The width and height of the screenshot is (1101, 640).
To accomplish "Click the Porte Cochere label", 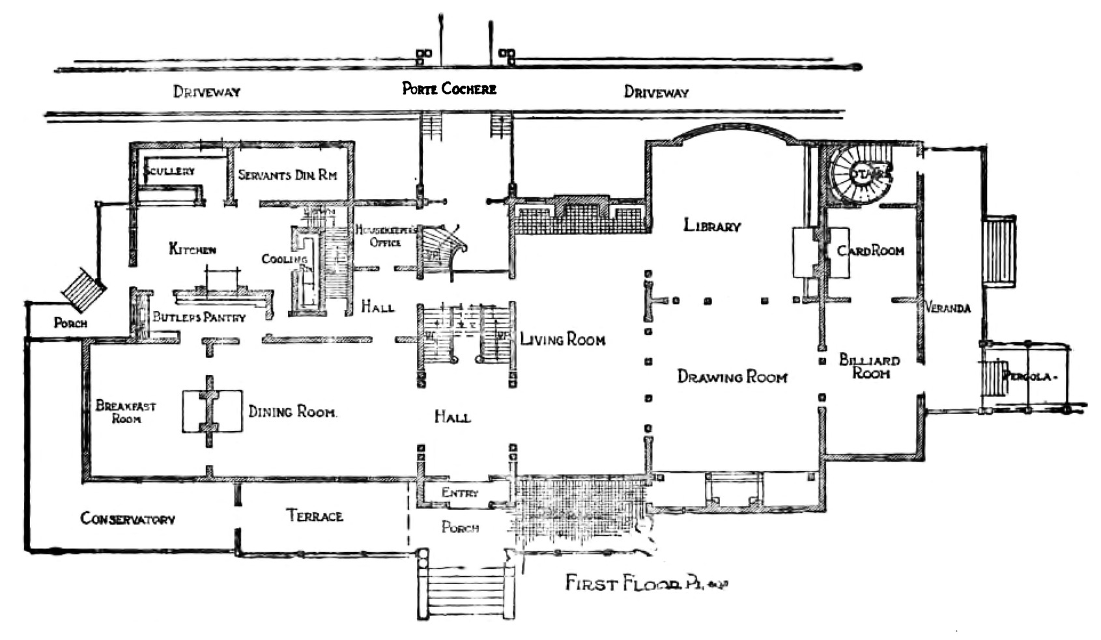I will click(449, 89).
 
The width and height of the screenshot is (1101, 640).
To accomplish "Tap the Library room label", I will click(711, 226).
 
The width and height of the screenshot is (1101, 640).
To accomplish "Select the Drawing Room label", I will click(732, 376).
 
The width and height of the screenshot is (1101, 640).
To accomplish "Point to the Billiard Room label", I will click(870, 367).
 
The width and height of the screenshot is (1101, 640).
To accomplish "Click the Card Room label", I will click(870, 251).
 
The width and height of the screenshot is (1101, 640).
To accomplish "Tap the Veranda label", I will click(948, 308).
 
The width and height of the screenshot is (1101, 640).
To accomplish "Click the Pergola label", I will click(1027, 376).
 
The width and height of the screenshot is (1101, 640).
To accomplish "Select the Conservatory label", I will click(128, 519).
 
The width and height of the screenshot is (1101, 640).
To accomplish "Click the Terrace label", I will click(315, 516).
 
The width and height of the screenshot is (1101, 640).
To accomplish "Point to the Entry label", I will click(460, 493).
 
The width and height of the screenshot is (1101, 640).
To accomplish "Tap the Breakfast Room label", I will click(126, 412).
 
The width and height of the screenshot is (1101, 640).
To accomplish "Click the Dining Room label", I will click(293, 411).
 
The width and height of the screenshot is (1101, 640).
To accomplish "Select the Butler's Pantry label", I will click(199, 317).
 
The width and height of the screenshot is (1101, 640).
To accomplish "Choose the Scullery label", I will click(171, 171).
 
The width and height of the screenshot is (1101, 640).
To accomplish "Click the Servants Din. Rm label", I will click(287, 174).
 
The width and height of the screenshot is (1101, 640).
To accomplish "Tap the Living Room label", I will click(562, 339).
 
